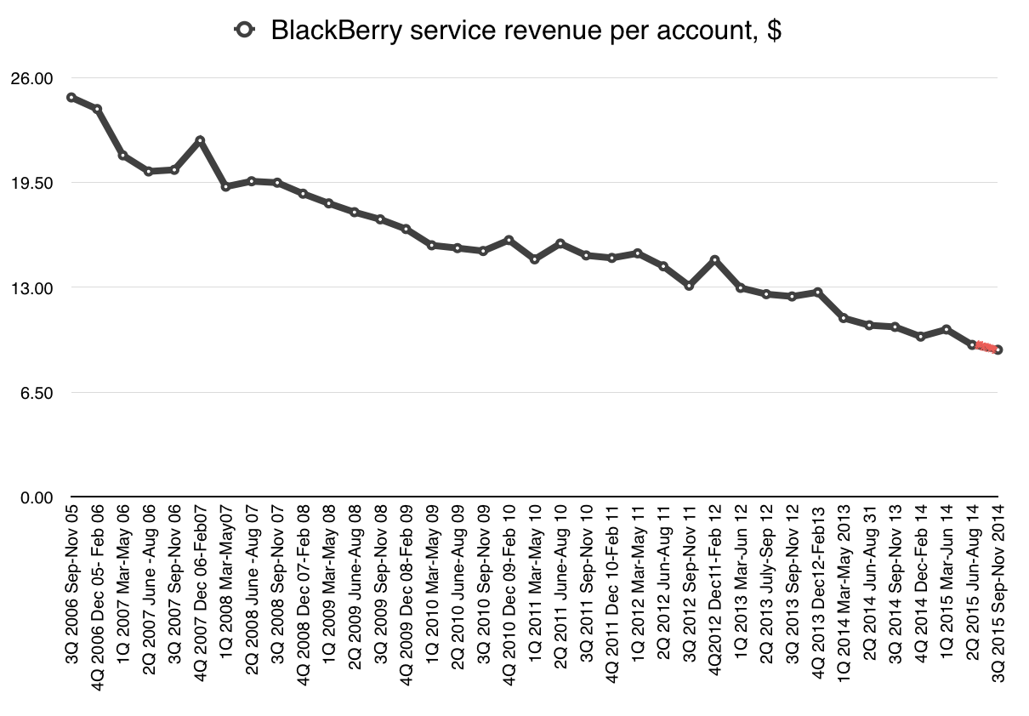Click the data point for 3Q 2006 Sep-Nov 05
(71, 97)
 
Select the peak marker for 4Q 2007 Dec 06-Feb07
(200, 140)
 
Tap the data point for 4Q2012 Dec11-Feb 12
(715, 260)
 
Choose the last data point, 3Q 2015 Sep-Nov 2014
(998, 349)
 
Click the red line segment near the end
(986, 347)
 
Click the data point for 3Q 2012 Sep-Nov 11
(690, 286)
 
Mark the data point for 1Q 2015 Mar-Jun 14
(947, 329)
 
